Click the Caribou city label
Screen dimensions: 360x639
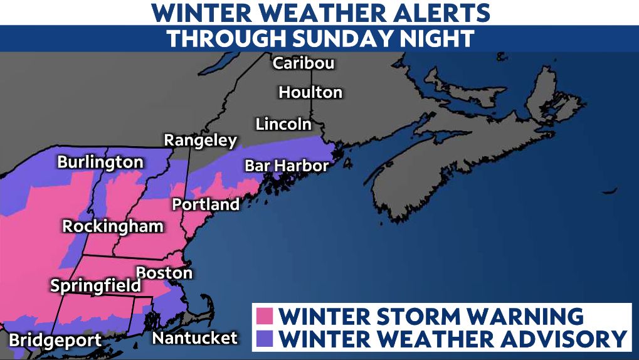coord(304,63)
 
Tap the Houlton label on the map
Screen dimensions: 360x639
coord(310,92)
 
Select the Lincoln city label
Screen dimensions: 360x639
coord(283,124)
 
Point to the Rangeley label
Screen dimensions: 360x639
coord(201,140)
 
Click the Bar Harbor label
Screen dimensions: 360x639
coord(287,166)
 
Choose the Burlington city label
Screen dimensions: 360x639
coord(100,162)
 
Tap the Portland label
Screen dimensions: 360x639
coord(206,204)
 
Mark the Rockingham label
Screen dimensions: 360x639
coord(113,226)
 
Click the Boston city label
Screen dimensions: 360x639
coord(164,273)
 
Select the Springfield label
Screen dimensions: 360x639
coord(95,286)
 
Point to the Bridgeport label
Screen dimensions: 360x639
coord(55,341)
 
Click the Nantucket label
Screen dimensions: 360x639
coord(196,338)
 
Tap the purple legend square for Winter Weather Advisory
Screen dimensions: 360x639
coord(266,339)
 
